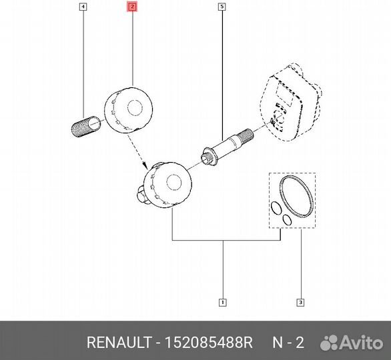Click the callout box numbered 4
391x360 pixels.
[83, 7]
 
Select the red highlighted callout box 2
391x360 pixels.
[132, 7]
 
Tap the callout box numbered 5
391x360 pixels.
[222, 7]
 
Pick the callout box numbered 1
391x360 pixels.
[222, 303]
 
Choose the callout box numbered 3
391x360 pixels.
[300, 303]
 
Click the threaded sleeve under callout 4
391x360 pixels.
[86, 127]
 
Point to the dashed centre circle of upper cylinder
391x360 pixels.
[135, 108]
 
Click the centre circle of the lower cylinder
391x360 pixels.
[174, 183]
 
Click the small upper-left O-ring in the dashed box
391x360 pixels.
[276, 208]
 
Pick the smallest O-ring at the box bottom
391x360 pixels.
[287, 219]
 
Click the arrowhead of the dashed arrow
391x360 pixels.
[144, 165]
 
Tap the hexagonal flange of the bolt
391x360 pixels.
[209, 157]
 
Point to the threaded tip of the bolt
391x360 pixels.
[246, 135]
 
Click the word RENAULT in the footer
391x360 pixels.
[119, 342]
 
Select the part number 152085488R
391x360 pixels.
[209, 342]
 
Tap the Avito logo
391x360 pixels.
[352, 343]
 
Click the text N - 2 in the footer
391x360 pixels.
[288, 342]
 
